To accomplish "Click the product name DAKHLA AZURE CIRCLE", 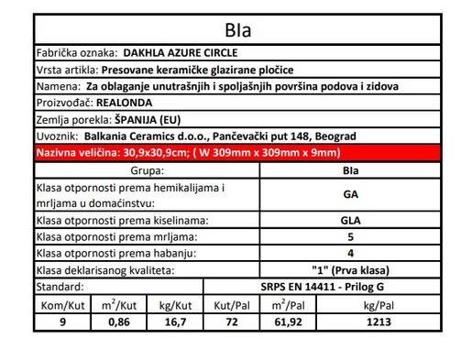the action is [170, 52].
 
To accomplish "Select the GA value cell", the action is [350, 194].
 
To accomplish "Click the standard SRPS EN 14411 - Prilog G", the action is [350, 288].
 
